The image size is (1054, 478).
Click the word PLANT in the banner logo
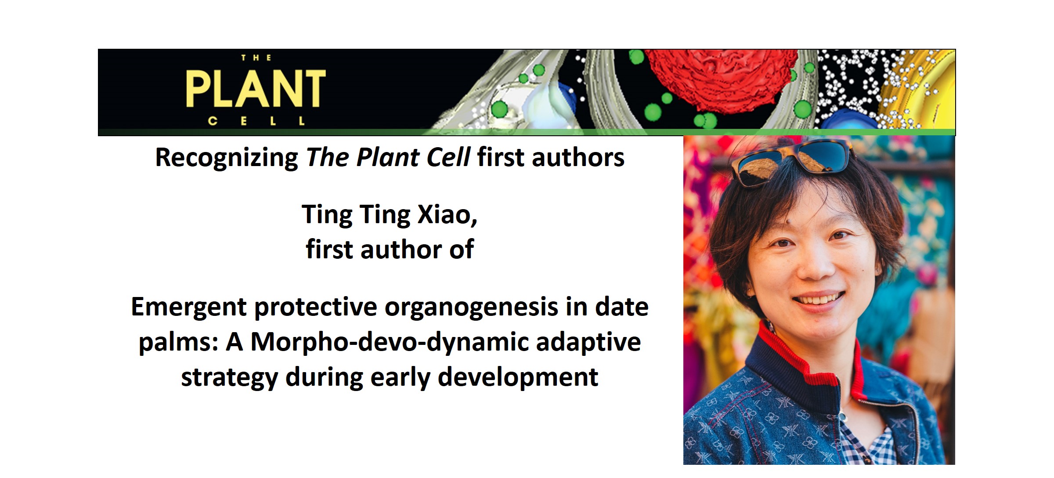pos(256,89)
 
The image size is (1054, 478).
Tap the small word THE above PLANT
pos(256,58)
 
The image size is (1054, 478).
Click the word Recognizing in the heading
pos(227,158)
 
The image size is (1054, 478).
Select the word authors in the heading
pos(578,158)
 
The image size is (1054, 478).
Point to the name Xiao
pos(447,215)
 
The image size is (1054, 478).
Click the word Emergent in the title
pos(188,307)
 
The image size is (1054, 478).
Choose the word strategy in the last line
pos(229,377)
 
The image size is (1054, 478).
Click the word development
pos(518,377)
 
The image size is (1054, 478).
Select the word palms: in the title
pos(178,342)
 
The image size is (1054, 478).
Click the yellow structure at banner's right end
pos(931,97)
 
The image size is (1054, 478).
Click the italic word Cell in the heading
pos(448,158)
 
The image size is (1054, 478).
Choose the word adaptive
pos(588,342)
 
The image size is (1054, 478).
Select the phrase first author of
pos(390,250)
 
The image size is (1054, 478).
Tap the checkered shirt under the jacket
pos(867,444)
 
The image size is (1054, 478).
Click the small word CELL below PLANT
pos(256,121)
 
